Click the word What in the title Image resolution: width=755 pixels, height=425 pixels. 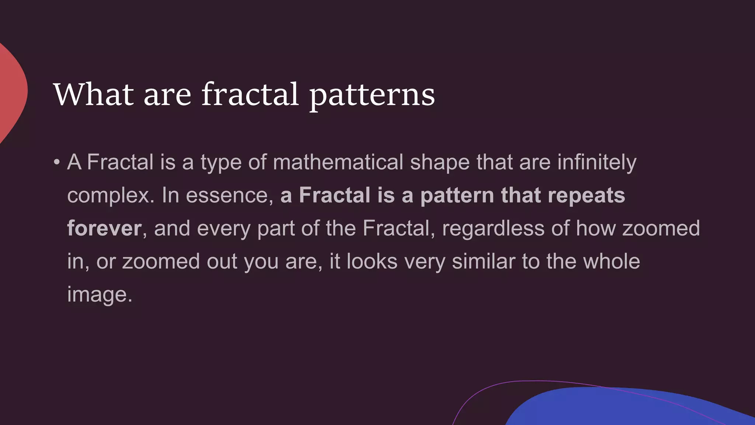click(93, 94)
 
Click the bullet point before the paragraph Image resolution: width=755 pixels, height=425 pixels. click(56, 162)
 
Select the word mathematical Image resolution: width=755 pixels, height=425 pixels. click(338, 162)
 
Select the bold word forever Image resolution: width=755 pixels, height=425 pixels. click(104, 228)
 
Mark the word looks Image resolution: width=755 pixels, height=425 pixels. click(372, 262)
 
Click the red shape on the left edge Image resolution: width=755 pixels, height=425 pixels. click(11, 92)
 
